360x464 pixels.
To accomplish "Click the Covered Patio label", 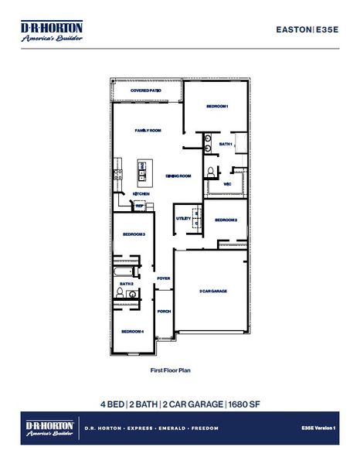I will pos(145,90).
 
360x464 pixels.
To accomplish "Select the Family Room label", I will pos(148,131).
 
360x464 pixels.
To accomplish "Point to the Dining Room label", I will pos(178,176).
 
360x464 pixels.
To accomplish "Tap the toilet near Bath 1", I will pos(210,170).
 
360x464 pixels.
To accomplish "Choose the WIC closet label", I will pos(228,184).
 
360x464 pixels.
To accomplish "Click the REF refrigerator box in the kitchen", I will pos(140,206).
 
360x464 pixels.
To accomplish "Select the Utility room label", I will pos(183,219).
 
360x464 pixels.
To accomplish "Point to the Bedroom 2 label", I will pos(226,220).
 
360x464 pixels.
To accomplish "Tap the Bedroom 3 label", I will pos(134,234).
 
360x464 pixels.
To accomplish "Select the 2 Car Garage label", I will pos(212,291).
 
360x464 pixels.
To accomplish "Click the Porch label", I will pos(163,311).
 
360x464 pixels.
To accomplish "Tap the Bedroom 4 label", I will pos(131,331).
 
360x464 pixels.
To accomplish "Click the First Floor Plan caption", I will pos(170,370).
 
